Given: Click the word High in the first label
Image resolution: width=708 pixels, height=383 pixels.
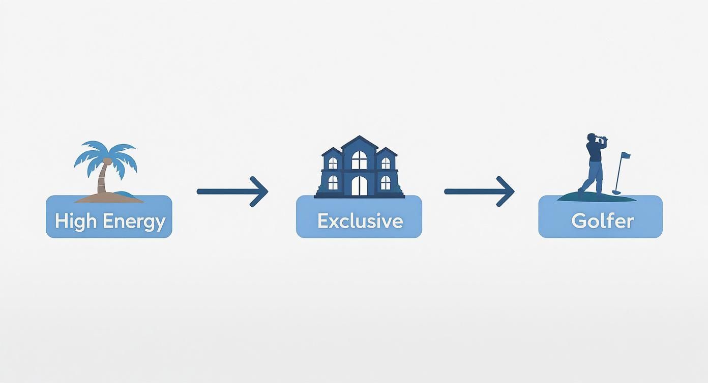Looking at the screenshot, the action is pos(75,221).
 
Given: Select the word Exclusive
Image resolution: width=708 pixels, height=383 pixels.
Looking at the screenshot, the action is pos(360,221).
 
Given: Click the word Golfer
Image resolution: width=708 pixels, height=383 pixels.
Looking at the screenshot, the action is pos(602,221).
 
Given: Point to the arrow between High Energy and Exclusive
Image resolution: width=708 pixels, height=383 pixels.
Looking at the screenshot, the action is pos(232,191).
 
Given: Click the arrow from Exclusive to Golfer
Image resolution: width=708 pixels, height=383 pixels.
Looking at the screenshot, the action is pos(480,191).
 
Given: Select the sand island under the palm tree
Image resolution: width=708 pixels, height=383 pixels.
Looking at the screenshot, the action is pos(109,198).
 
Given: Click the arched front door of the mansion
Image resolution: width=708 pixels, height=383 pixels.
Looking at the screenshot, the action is pos(360,186).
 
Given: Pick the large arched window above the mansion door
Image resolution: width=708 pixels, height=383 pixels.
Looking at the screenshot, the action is pos(360,160).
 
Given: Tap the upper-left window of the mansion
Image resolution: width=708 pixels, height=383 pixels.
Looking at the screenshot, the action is pos(333,163).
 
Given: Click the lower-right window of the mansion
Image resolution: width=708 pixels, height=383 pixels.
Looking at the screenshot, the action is pos(386,183).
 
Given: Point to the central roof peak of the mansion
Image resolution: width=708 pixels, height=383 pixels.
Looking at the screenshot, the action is pos(360,136).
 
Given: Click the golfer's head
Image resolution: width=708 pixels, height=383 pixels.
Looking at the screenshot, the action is pos(591,138).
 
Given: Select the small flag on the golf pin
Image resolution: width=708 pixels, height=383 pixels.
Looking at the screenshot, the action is pos(626,155).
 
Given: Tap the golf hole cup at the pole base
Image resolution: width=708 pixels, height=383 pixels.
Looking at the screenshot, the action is pos(616,192).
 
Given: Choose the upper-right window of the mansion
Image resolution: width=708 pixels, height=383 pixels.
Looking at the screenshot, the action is pos(386,163).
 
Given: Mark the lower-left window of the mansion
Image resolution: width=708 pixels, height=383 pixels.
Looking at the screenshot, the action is pos(333,183).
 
